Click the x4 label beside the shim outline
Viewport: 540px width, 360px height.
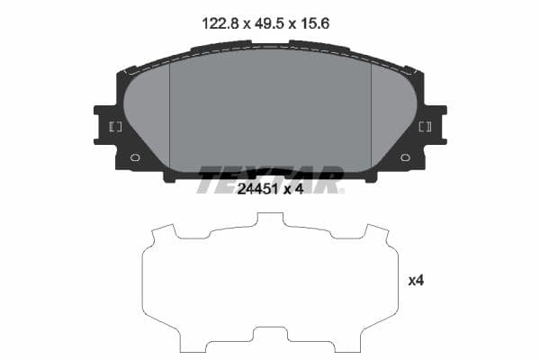[416, 281]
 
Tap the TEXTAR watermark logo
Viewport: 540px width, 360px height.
[270, 177]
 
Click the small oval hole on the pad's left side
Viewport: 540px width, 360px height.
[136, 157]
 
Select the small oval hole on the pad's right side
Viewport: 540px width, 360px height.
[404, 157]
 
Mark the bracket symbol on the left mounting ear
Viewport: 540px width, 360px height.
[115, 126]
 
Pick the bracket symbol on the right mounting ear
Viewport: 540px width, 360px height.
[425, 126]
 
